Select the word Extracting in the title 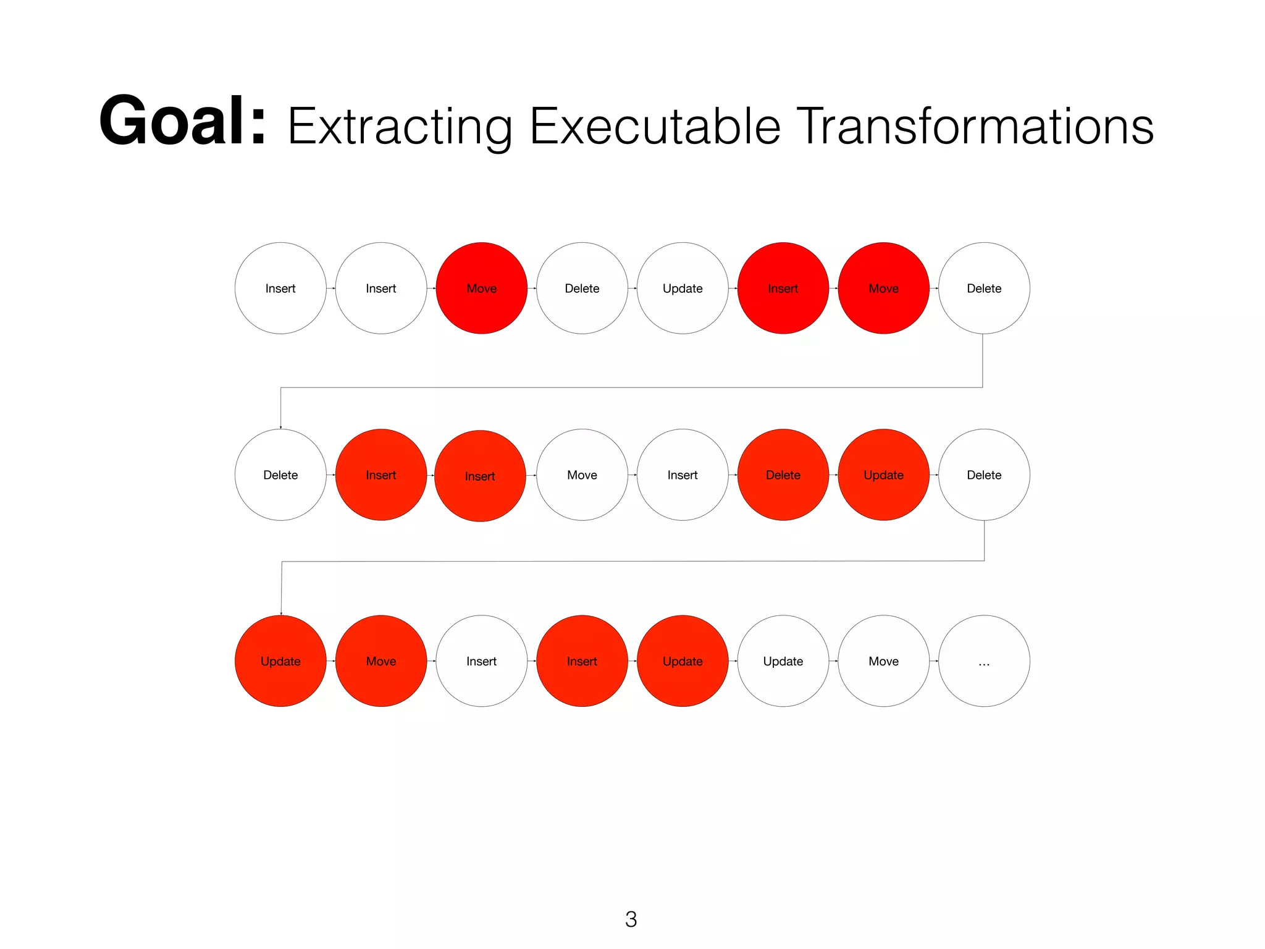point(399,127)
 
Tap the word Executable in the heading point(655,127)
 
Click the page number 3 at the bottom point(631,919)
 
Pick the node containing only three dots point(984,661)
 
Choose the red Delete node point(783,474)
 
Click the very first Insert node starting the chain point(280,289)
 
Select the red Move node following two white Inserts point(482,289)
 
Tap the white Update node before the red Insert point(683,289)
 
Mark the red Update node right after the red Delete point(884,474)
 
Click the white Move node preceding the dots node point(884,661)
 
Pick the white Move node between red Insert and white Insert point(582,474)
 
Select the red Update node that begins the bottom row point(280,661)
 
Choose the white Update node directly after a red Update point(783,661)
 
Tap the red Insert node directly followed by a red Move point(783,289)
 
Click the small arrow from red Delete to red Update point(833,474)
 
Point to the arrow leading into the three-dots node point(934,661)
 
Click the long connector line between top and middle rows point(630,387)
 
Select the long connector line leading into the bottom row point(630,561)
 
